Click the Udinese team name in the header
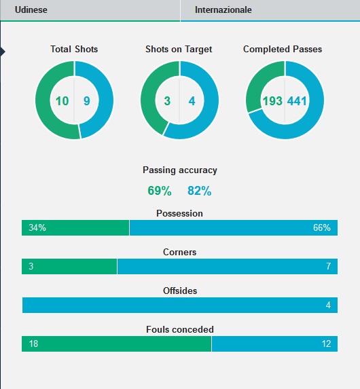[x=31, y=10]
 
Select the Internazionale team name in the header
[x=223, y=10]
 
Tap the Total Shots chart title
[x=74, y=49]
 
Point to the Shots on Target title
[x=179, y=49]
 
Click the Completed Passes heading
[x=283, y=49]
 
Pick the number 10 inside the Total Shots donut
[x=62, y=101]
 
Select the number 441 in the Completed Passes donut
[x=297, y=101]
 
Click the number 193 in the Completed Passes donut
[x=272, y=101]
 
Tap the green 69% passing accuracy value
[x=160, y=191]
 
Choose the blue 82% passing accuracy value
[x=200, y=191]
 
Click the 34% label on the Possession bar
[x=37, y=227]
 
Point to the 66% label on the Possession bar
[x=322, y=227]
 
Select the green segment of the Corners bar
[x=69, y=266]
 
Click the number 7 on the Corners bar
[x=328, y=266]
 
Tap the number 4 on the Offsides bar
[x=328, y=305]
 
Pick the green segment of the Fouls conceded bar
[x=116, y=344]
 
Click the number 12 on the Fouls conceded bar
[x=326, y=344]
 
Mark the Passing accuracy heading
[x=180, y=170]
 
